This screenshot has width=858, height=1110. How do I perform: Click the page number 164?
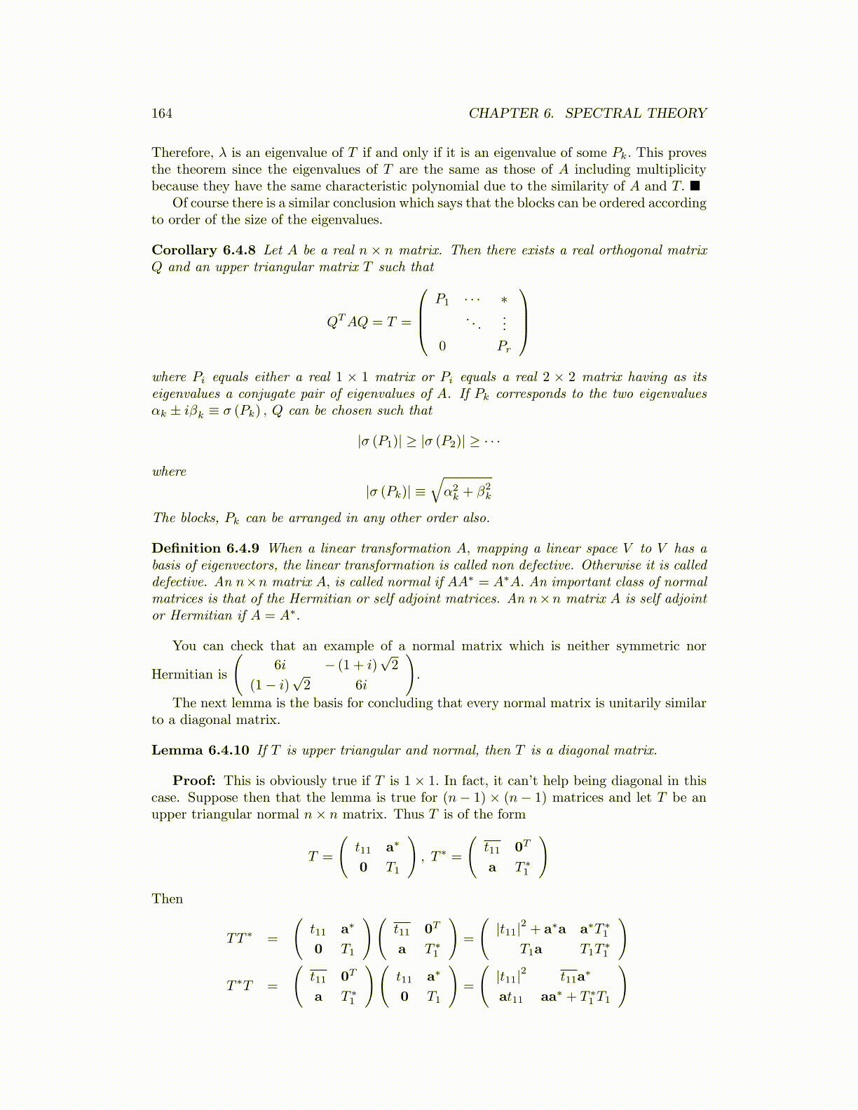162,114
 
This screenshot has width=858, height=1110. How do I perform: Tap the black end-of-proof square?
695,186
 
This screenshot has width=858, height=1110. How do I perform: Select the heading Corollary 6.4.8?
204,250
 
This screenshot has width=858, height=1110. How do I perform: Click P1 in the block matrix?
442,300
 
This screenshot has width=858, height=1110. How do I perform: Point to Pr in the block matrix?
504,346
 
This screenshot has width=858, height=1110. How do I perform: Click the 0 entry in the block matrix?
442,346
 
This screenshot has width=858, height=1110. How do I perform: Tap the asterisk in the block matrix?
504,301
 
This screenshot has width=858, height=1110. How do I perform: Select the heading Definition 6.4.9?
205,549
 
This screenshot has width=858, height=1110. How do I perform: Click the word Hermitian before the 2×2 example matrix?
179,675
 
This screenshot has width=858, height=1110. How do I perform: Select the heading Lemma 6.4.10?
200,751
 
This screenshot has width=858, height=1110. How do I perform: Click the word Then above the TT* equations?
167,899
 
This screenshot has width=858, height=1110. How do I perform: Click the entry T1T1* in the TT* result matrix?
594,950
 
